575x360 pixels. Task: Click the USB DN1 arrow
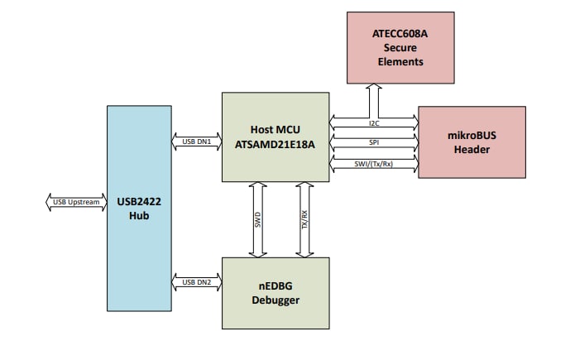click(x=196, y=142)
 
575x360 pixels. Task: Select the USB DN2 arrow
click(x=196, y=283)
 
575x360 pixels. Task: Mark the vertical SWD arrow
click(x=257, y=219)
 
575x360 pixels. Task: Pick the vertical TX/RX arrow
click(x=303, y=219)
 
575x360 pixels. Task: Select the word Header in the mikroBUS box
click(x=472, y=150)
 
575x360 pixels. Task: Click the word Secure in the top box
click(x=400, y=48)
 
